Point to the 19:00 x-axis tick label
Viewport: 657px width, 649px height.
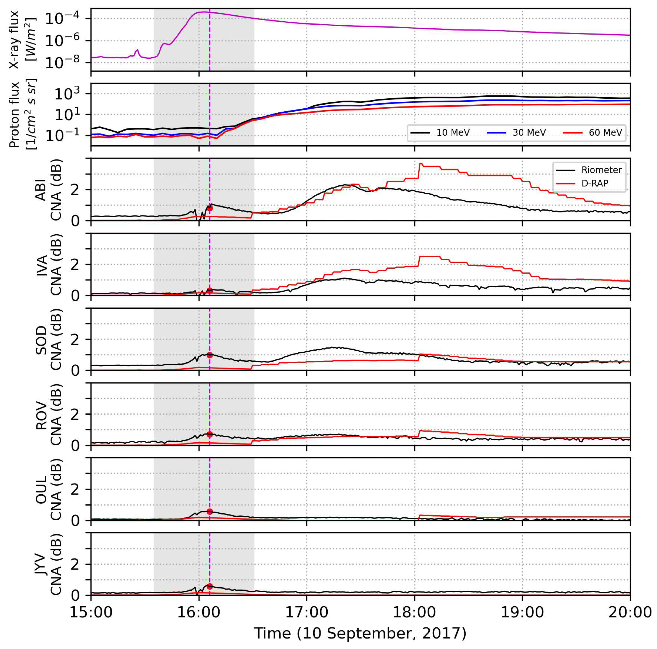click(522, 613)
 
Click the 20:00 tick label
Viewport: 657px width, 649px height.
click(630, 613)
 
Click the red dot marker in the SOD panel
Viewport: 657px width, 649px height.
click(210, 355)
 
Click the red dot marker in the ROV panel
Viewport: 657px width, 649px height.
click(210, 434)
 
